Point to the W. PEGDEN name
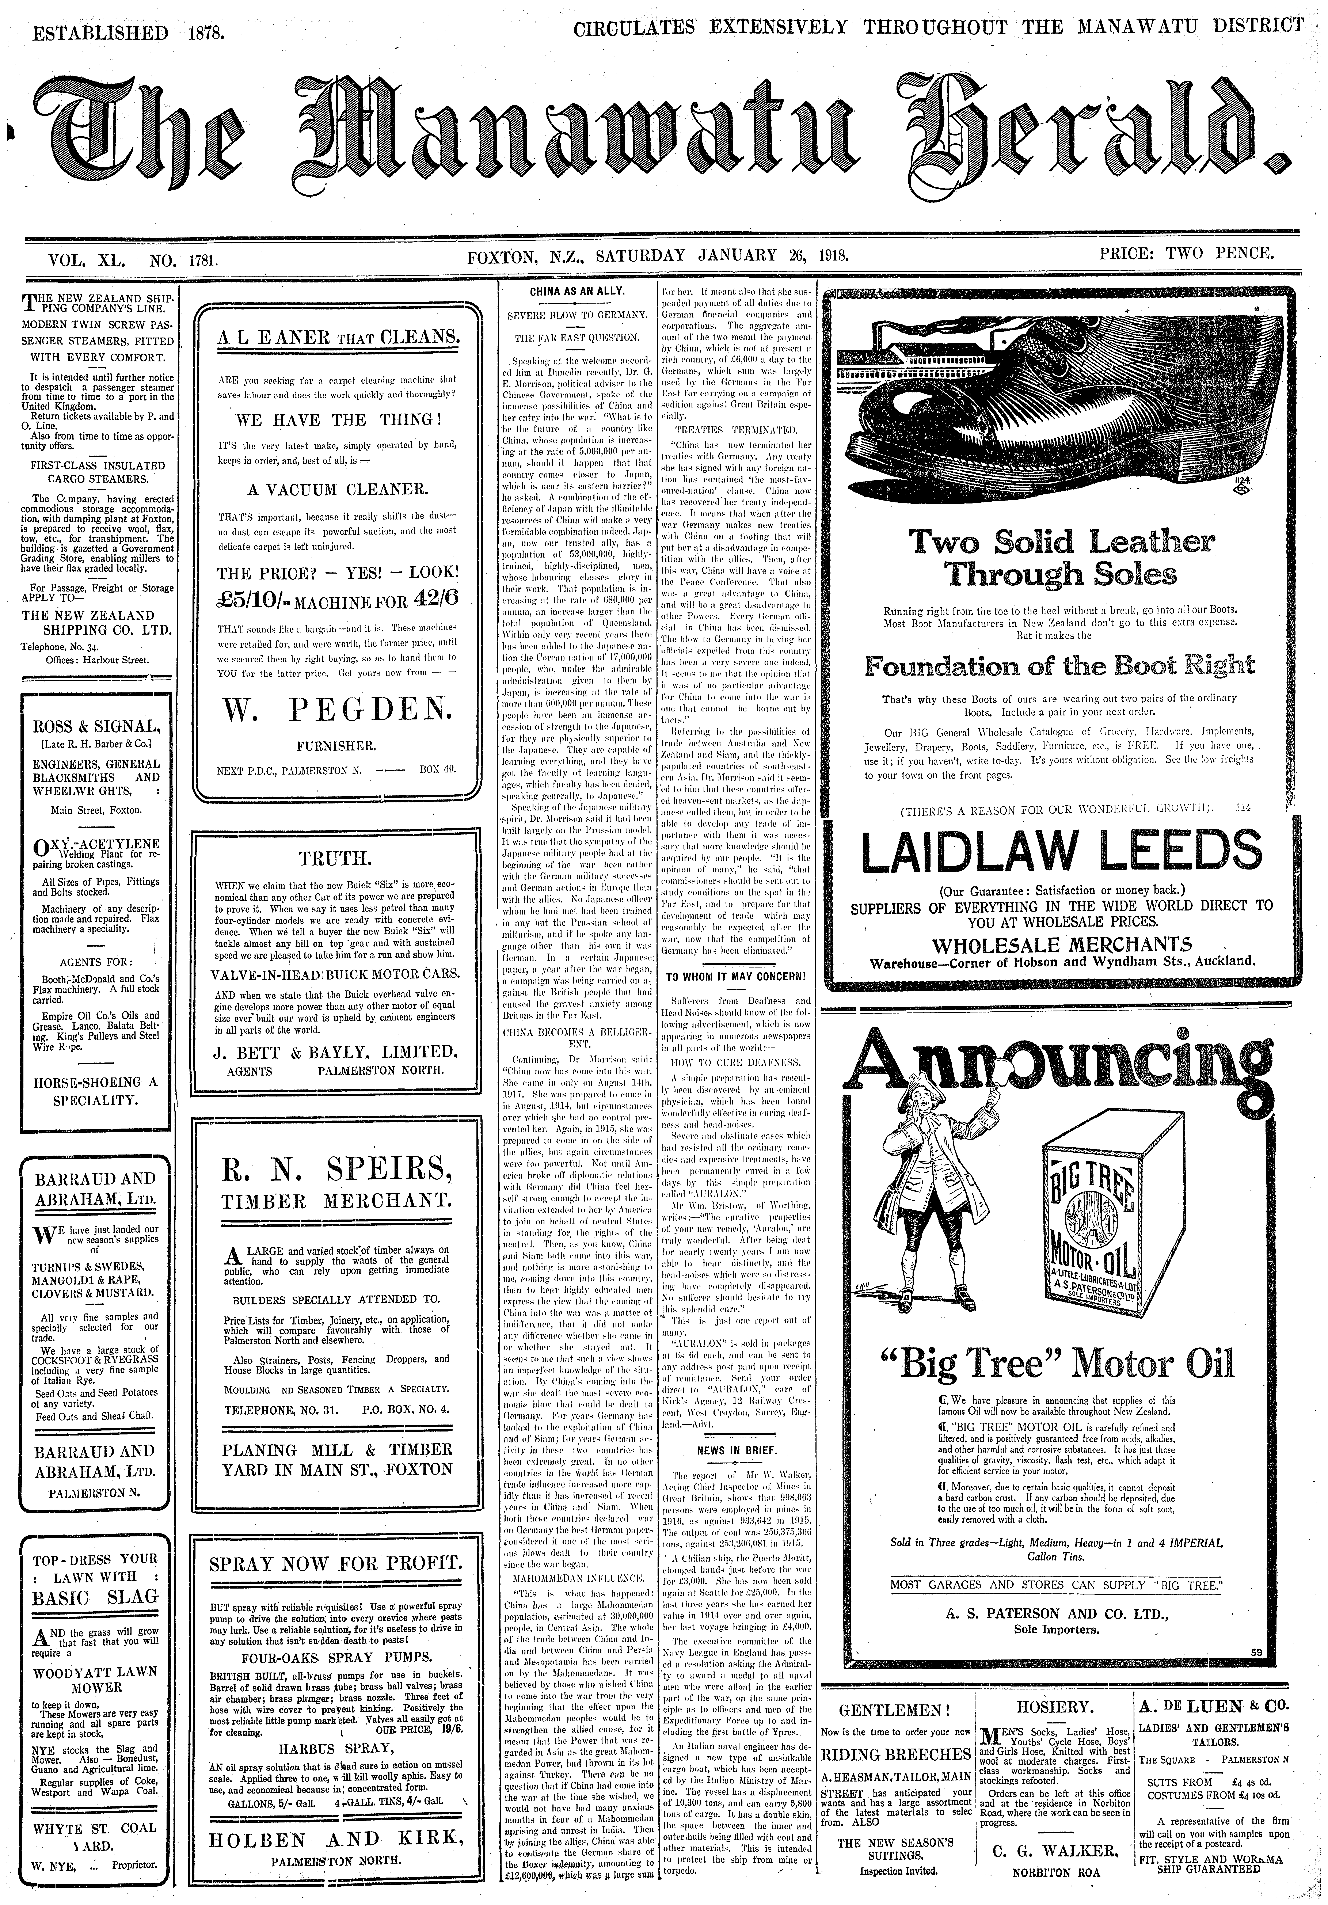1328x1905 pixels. tap(335, 708)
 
